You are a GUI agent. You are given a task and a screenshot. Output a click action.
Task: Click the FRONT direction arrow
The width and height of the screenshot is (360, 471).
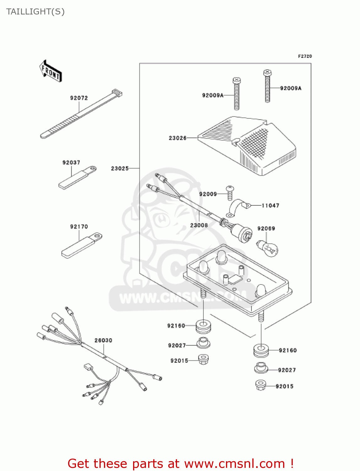(x=51, y=71)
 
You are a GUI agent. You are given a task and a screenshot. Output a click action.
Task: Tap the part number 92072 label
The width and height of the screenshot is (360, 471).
(x=79, y=98)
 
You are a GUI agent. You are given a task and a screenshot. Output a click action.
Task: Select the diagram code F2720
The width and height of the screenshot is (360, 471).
(x=305, y=56)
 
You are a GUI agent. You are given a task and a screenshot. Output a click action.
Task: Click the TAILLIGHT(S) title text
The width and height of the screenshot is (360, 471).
(x=35, y=12)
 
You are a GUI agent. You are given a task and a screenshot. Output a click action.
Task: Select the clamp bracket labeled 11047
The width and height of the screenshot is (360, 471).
(x=238, y=208)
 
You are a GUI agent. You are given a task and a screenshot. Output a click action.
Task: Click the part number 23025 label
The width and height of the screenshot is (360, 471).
(x=120, y=169)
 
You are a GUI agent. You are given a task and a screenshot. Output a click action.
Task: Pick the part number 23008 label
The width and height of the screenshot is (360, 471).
(x=199, y=225)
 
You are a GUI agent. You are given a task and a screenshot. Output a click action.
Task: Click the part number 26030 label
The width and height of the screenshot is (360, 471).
(x=103, y=340)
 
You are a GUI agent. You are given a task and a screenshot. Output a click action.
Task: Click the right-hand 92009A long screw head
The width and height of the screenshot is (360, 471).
(x=267, y=73)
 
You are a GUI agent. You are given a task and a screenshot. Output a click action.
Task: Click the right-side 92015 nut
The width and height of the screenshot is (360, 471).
(x=261, y=385)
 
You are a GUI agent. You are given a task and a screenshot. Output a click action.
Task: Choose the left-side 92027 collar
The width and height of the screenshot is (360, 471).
(x=203, y=343)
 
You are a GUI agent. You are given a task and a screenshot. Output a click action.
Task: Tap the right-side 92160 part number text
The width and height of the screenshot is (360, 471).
(x=287, y=350)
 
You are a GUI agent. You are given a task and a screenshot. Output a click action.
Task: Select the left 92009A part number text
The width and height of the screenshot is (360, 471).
(x=212, y=95)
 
